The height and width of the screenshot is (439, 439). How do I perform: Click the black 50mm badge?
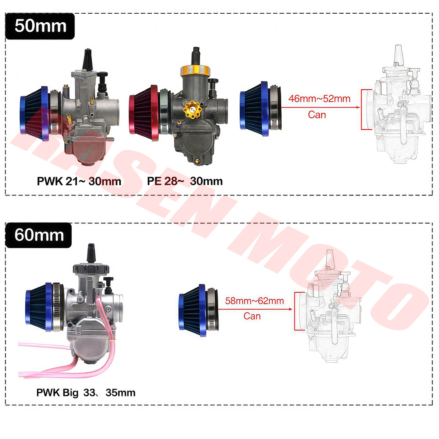[40, 26]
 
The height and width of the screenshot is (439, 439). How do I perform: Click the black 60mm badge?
[39, 235]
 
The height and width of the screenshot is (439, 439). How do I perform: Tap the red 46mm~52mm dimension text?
[319, 99]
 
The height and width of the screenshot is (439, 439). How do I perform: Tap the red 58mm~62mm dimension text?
[255, 301]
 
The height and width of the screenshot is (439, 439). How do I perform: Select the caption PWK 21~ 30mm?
[79, 181]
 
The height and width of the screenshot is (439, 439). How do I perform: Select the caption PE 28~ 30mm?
[185, 181]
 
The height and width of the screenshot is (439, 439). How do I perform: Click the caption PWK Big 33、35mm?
[86, 393]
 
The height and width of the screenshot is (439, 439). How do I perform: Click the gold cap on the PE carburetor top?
[195, 70]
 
